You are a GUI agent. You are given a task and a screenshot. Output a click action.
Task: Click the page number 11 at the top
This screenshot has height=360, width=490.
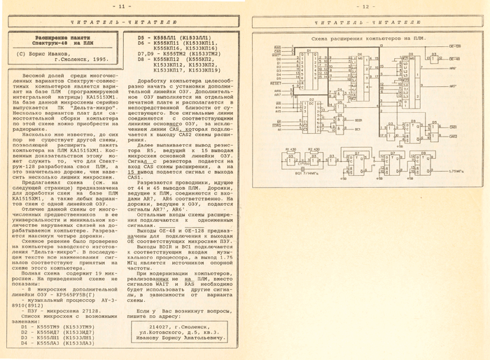(x=122, y=6)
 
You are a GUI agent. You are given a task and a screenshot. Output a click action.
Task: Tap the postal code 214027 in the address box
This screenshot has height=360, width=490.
(x=162, y=326)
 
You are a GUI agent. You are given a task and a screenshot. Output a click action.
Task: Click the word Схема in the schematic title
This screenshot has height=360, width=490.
(x=319, y=32)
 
